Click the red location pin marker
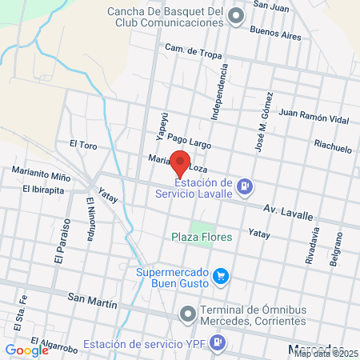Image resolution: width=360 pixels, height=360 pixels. (x=180, y=163)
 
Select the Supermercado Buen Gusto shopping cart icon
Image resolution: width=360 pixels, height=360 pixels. (x=222, y=278)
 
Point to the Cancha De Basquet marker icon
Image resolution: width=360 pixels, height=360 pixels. (x=235, y=16)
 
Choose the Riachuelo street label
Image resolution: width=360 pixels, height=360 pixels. (x=333, y=148)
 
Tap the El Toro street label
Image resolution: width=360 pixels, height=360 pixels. (x=82, y=145)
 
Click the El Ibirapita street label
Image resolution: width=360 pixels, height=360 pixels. (x=47, y=189)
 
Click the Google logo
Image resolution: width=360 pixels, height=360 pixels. (x=26, y=350)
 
